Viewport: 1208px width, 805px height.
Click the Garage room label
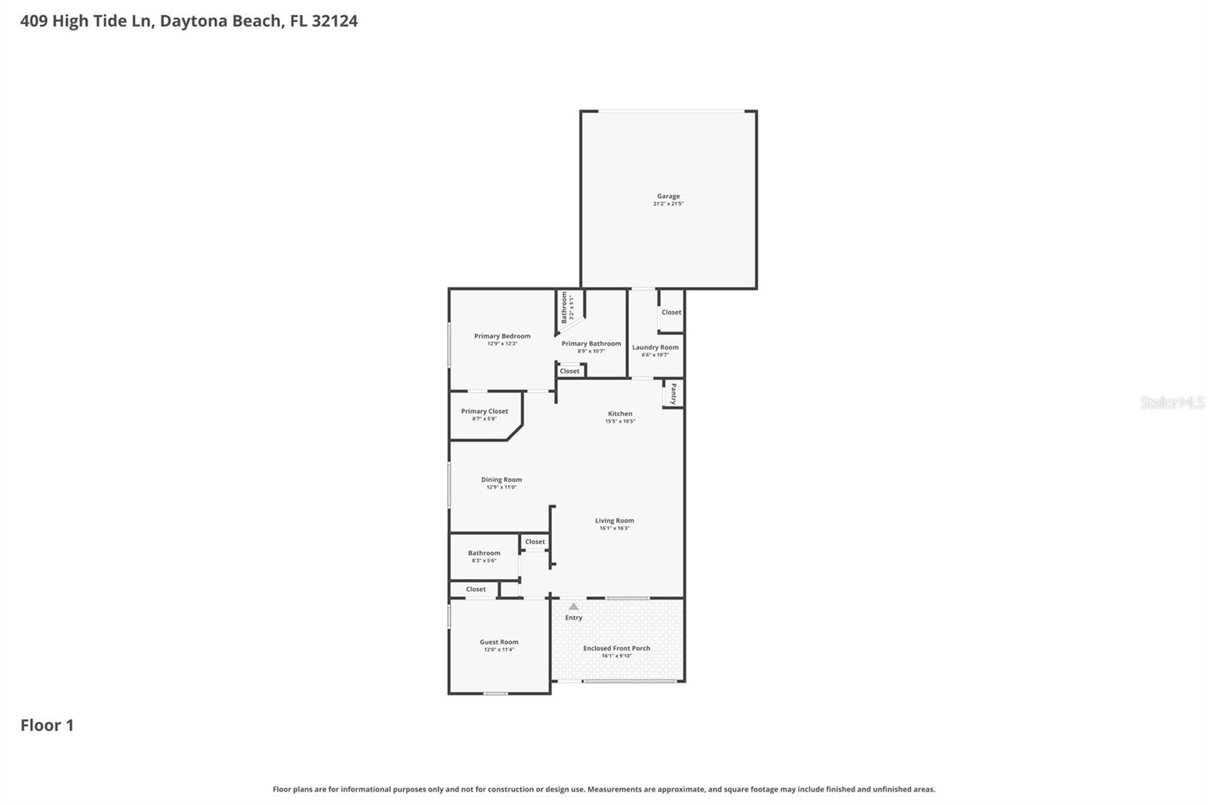click(668, 196)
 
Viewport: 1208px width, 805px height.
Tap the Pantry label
click(673, 393)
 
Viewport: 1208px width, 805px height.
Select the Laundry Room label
click(655, 347)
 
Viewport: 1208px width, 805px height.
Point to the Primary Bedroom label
click(502, 336)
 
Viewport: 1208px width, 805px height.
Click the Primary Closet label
click(484, 412)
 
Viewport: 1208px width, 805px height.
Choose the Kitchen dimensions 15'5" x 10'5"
click(620, 421)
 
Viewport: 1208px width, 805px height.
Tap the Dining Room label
click(501, 480)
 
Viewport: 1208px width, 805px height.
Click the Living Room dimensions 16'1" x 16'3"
click(615, 529)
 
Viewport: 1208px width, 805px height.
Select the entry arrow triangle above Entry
click(574, 606)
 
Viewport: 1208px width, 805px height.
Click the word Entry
click(574, 618)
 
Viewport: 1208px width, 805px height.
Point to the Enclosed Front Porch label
click(616, 648)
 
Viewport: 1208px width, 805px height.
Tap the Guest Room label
click(499, 642)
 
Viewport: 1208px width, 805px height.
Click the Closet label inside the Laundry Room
click(671, 312)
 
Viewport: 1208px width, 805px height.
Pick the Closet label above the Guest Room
click(476, 589)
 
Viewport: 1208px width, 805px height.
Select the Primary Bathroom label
click(591, 344)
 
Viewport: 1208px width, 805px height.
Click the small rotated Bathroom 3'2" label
click(564, 307)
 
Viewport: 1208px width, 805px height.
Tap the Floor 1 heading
click(47, 725)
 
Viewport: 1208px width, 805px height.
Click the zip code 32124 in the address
click(334, 20)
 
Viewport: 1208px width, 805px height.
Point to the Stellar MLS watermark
click(1172, 402)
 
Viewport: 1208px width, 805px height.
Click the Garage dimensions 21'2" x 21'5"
click(668, 204)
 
